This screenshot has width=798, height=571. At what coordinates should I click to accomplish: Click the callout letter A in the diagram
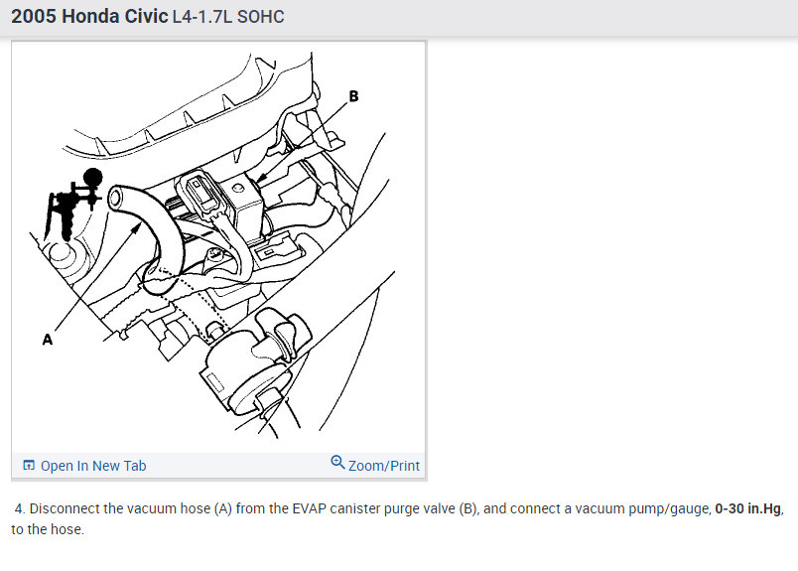[47, 339]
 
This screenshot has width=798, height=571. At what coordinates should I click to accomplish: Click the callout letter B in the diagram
[353, 96]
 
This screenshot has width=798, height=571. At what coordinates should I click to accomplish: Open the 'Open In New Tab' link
[93, 466]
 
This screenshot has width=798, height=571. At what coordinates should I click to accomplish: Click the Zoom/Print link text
[384, 466]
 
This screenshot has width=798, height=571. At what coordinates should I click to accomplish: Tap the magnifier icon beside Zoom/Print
[337, 464]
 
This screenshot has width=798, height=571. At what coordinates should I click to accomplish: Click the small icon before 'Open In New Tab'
[29, 466]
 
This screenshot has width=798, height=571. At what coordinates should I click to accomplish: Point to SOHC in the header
[261, 18]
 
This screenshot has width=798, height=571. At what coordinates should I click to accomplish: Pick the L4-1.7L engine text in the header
[210, 18]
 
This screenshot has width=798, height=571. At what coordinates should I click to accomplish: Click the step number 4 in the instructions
[18, 508]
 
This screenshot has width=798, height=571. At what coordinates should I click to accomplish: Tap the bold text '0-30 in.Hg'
[748, 508]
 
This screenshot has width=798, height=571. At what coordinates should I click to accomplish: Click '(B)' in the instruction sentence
[468, 508]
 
